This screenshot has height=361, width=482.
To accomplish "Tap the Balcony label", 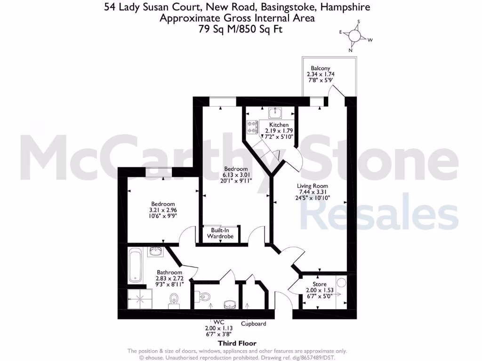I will pyautogui.click(x=320, y=68).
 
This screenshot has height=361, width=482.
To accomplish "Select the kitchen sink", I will pyautogui.click(x=275, y=113).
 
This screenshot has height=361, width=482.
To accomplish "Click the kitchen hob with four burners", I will pyautogui.click(x=252, y=126).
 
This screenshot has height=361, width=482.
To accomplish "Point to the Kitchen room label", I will pyautogui.click(x=279, y=125).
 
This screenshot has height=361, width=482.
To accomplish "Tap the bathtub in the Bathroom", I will pyautogui.click(x=135, y=266).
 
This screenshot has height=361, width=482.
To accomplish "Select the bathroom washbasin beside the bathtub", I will pyautogui.click(x=155, y=252).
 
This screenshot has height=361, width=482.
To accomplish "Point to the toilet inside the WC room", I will pyautogui.click(x=204, y=296).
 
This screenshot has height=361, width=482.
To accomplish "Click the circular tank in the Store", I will pyautogui.click(x=341, y=283).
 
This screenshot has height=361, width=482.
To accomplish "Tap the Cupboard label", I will pyautogui.click(x=254, y=323).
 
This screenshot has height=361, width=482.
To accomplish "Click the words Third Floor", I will pyautogui.click(x=237, y=344).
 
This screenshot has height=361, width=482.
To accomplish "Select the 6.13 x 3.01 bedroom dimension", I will pyautogui.click(x=236, y=175).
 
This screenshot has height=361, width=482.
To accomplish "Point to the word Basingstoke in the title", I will pyautogui.click(x=274, y=7).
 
